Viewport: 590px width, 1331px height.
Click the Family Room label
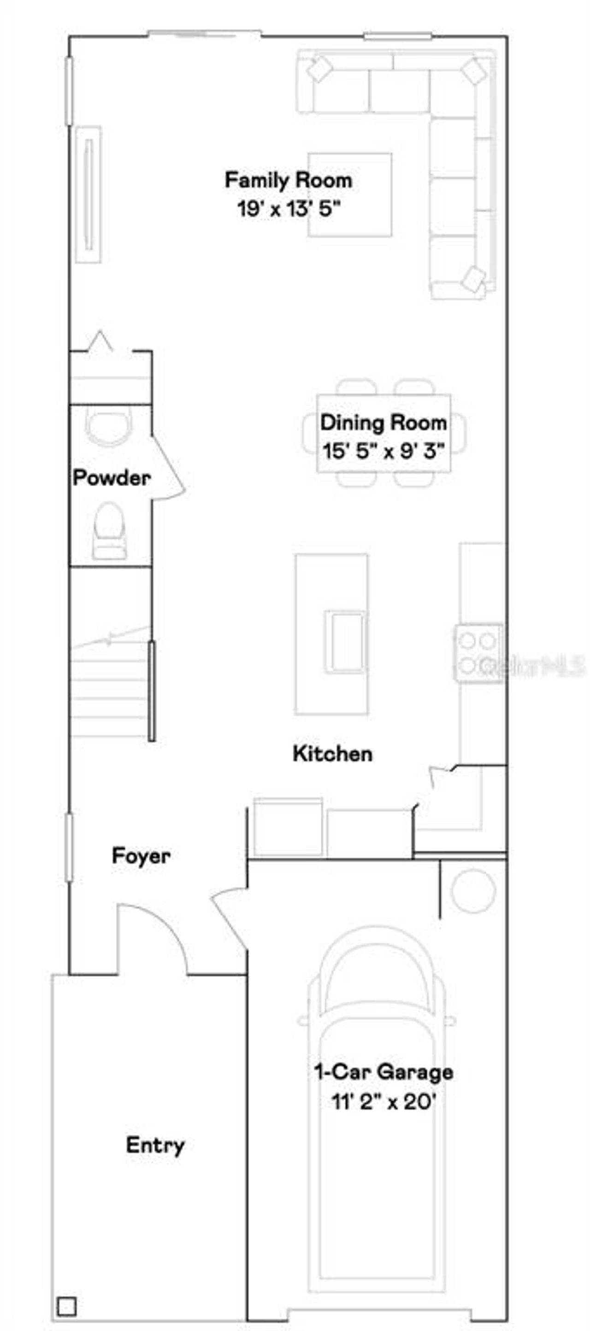pyautogui.click(x=288, y=180)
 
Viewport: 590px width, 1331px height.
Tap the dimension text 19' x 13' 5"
pyautogui.click(x=289, y=209)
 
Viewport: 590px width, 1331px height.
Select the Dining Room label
pyautogui.click(x=383, y=423)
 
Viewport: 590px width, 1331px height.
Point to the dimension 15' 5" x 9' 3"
pyautogui.click(x=383, y=451)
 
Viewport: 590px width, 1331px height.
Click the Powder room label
pyautogui.click(x=111, y=477)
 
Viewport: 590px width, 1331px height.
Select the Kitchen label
pyautogui.click(x=332, y=753)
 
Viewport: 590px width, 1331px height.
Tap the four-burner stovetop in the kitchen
pyautogui.click(x=477, y=652)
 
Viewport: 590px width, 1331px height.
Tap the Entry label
pyautogui.click(x=155, y=1145)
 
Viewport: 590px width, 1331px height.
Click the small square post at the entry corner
pyautogui.click(x=67, y=1306)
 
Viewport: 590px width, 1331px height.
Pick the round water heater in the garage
pyautogui.click(x=472, y=890)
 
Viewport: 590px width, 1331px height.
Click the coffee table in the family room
pyautogui.click(x=350, y=194)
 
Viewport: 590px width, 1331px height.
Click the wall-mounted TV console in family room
pyautogui.click(x=88, y=194)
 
